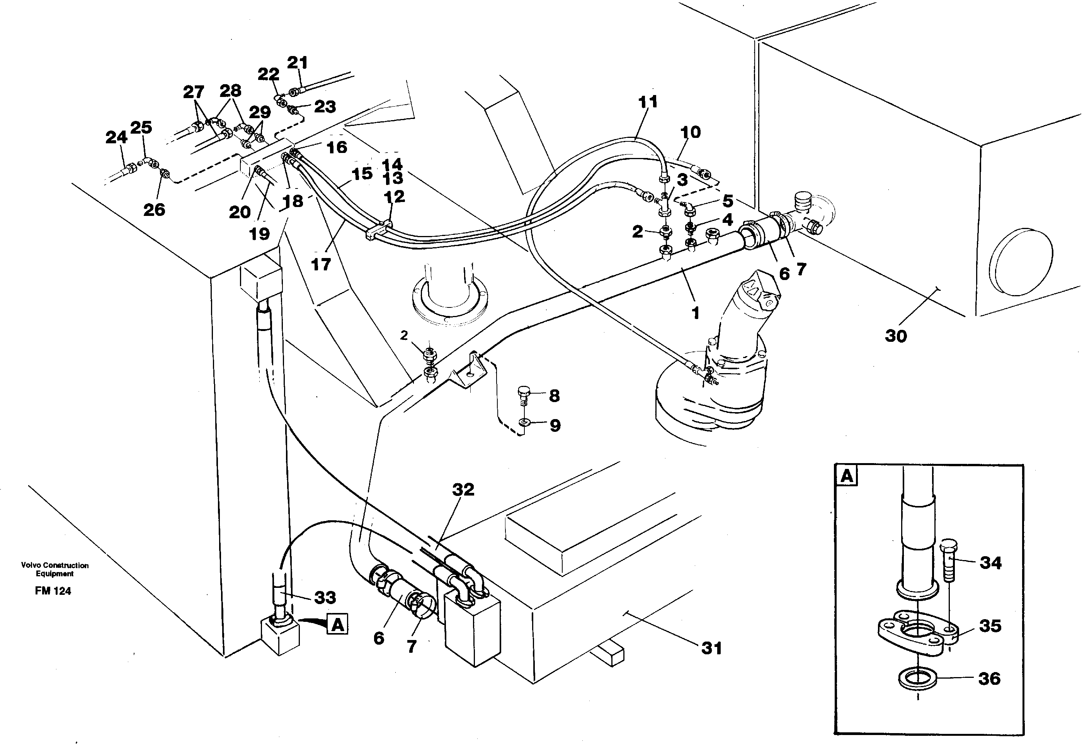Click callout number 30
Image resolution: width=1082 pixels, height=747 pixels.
[896, 336]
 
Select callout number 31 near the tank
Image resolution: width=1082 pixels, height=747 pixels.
[711, 648]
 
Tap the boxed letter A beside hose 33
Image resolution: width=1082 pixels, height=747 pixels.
[338, 625]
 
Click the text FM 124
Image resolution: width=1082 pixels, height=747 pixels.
[53, 591]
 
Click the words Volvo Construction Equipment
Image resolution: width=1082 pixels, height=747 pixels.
[55, 569]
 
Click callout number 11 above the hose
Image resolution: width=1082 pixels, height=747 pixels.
[648, 101]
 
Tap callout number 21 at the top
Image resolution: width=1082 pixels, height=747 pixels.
[297, 62]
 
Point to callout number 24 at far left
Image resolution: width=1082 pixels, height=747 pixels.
[116, 137]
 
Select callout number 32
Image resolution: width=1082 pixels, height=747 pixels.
[463, 490]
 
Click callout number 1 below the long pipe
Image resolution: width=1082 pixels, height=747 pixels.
[695, 312]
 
